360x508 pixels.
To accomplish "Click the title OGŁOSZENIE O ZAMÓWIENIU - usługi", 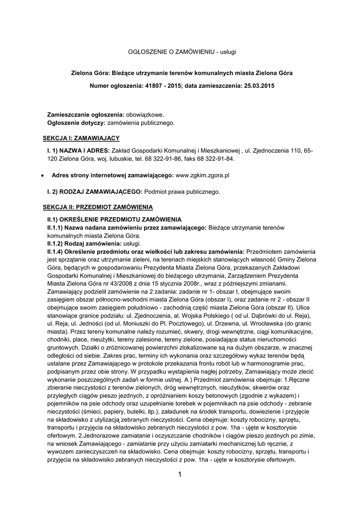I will pyautogui.click(x=179, y=52).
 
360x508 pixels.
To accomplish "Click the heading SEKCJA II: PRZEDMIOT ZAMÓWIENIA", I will pyautogui.click(x=97, y=206).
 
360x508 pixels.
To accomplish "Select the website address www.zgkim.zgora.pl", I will pyautogui.click(x=202, y=175).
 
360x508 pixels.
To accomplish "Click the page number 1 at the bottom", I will pyautogui.click(x=179, y=475).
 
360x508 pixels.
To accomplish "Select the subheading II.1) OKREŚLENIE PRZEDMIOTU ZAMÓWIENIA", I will pyautogui.click(x=107, y=219).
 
